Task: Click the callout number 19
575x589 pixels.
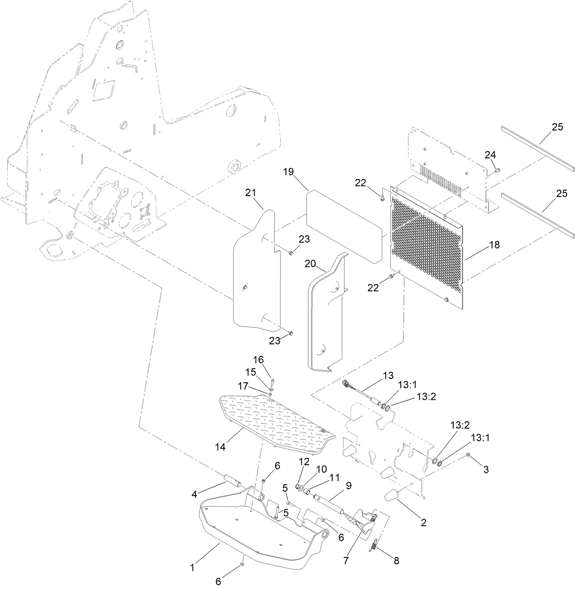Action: point(288,172)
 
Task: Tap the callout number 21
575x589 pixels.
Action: point(250,193)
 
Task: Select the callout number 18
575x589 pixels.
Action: point(494,245)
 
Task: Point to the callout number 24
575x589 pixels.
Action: point(490,155)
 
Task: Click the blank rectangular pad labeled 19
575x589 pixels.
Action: point(343,225)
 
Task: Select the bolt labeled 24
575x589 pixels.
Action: point(497,170)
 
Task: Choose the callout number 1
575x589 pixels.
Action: point(192,568)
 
